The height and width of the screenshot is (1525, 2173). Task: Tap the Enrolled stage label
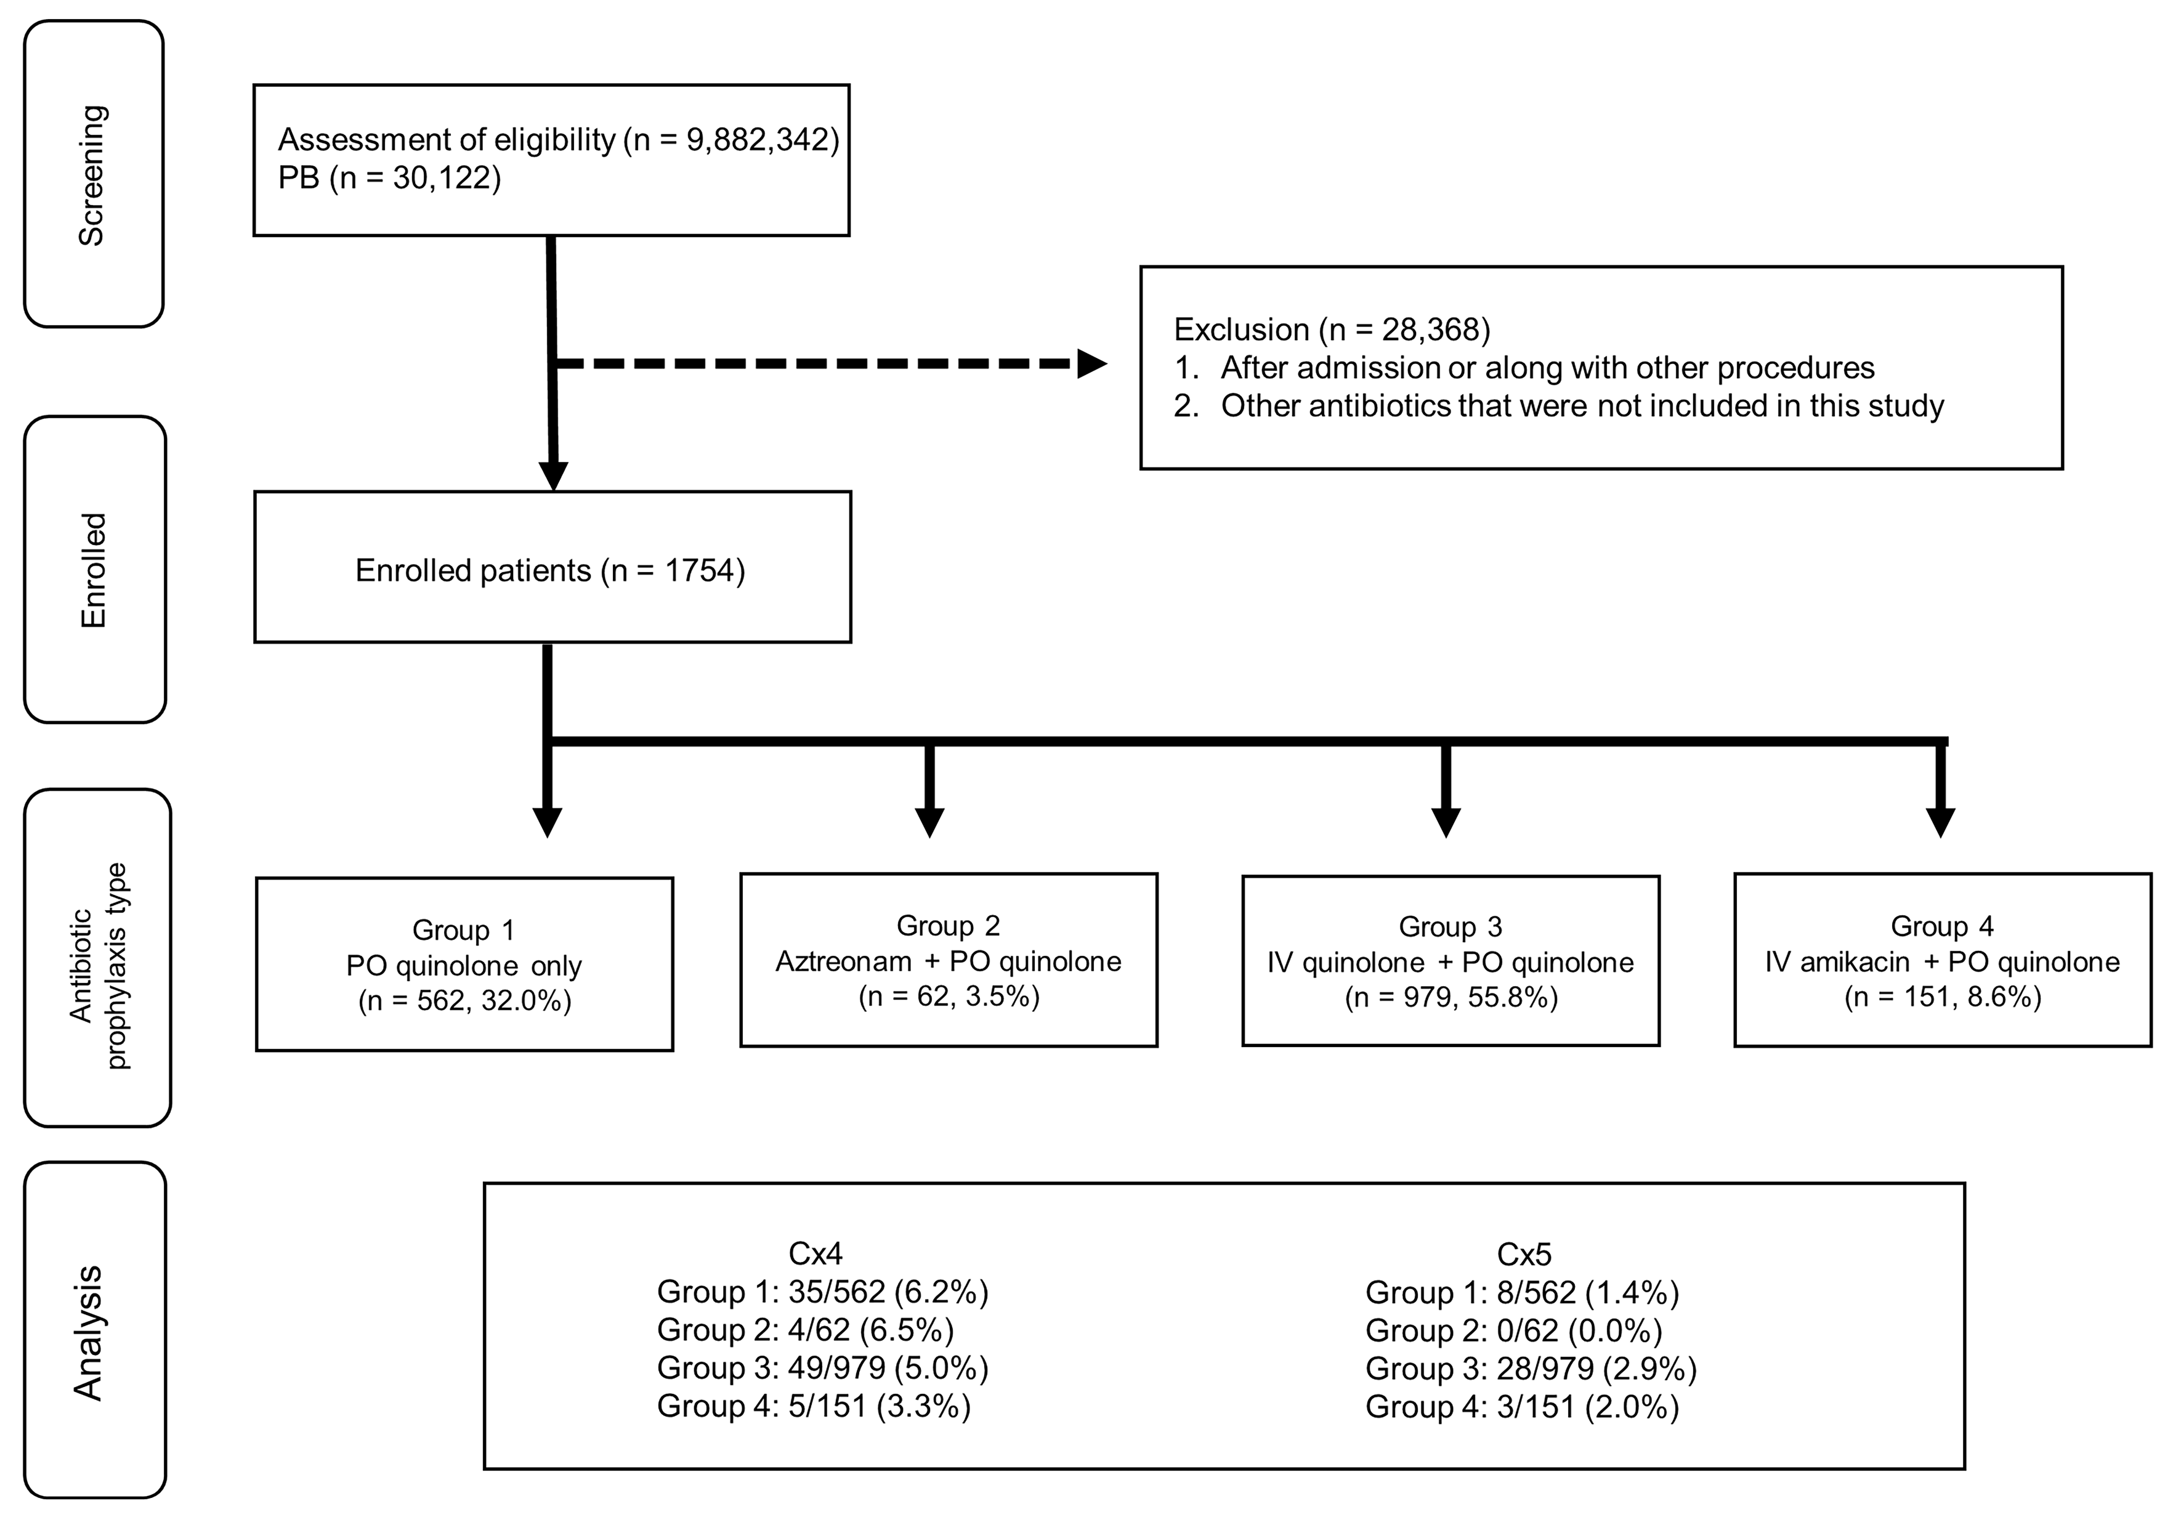click(x=94, y=571)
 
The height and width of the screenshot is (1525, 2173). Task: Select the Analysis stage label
click(x=88, y=1333)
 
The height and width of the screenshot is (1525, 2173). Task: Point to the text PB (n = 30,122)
click(x=389, y=178)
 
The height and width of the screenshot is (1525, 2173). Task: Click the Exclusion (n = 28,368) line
click(x=1332, y=330)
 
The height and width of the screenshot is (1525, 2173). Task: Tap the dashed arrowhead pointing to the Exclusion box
click(x=1091, y=363)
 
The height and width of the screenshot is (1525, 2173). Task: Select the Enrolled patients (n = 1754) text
click(x=550, y=571)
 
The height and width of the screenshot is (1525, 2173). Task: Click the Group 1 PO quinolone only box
click(x=464, y=965)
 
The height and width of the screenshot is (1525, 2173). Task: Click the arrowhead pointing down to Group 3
click(x=1445, y=822)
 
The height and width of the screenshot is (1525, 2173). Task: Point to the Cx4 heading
click(x=815, y=1254)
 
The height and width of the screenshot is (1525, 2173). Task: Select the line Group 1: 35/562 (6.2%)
click(x=822, y=1292)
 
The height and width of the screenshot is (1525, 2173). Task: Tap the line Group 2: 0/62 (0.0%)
click(x=1513, y=1331)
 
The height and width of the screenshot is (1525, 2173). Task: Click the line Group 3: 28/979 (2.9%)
click(x=1531, y=1369)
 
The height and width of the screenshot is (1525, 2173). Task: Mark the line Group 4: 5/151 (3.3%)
click(x=814, y=1407)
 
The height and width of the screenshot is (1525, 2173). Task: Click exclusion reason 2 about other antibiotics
click(x=1559, y=406)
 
